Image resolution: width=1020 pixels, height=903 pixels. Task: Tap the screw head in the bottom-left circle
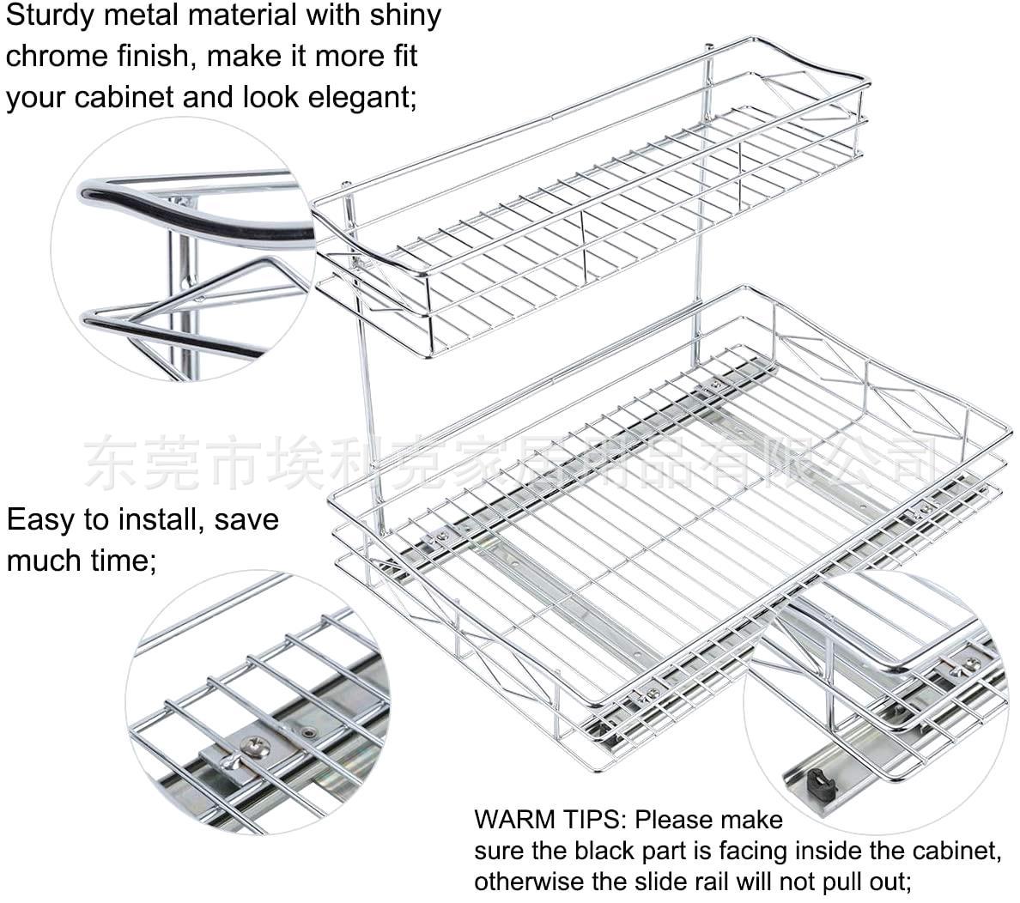pyautogui.click(x=256, y=747)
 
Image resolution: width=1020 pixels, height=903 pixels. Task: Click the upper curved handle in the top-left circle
pyautogui.click(x=197, y=206)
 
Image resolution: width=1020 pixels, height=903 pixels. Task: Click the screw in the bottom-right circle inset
pyautogui.click(x=971, y=663)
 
